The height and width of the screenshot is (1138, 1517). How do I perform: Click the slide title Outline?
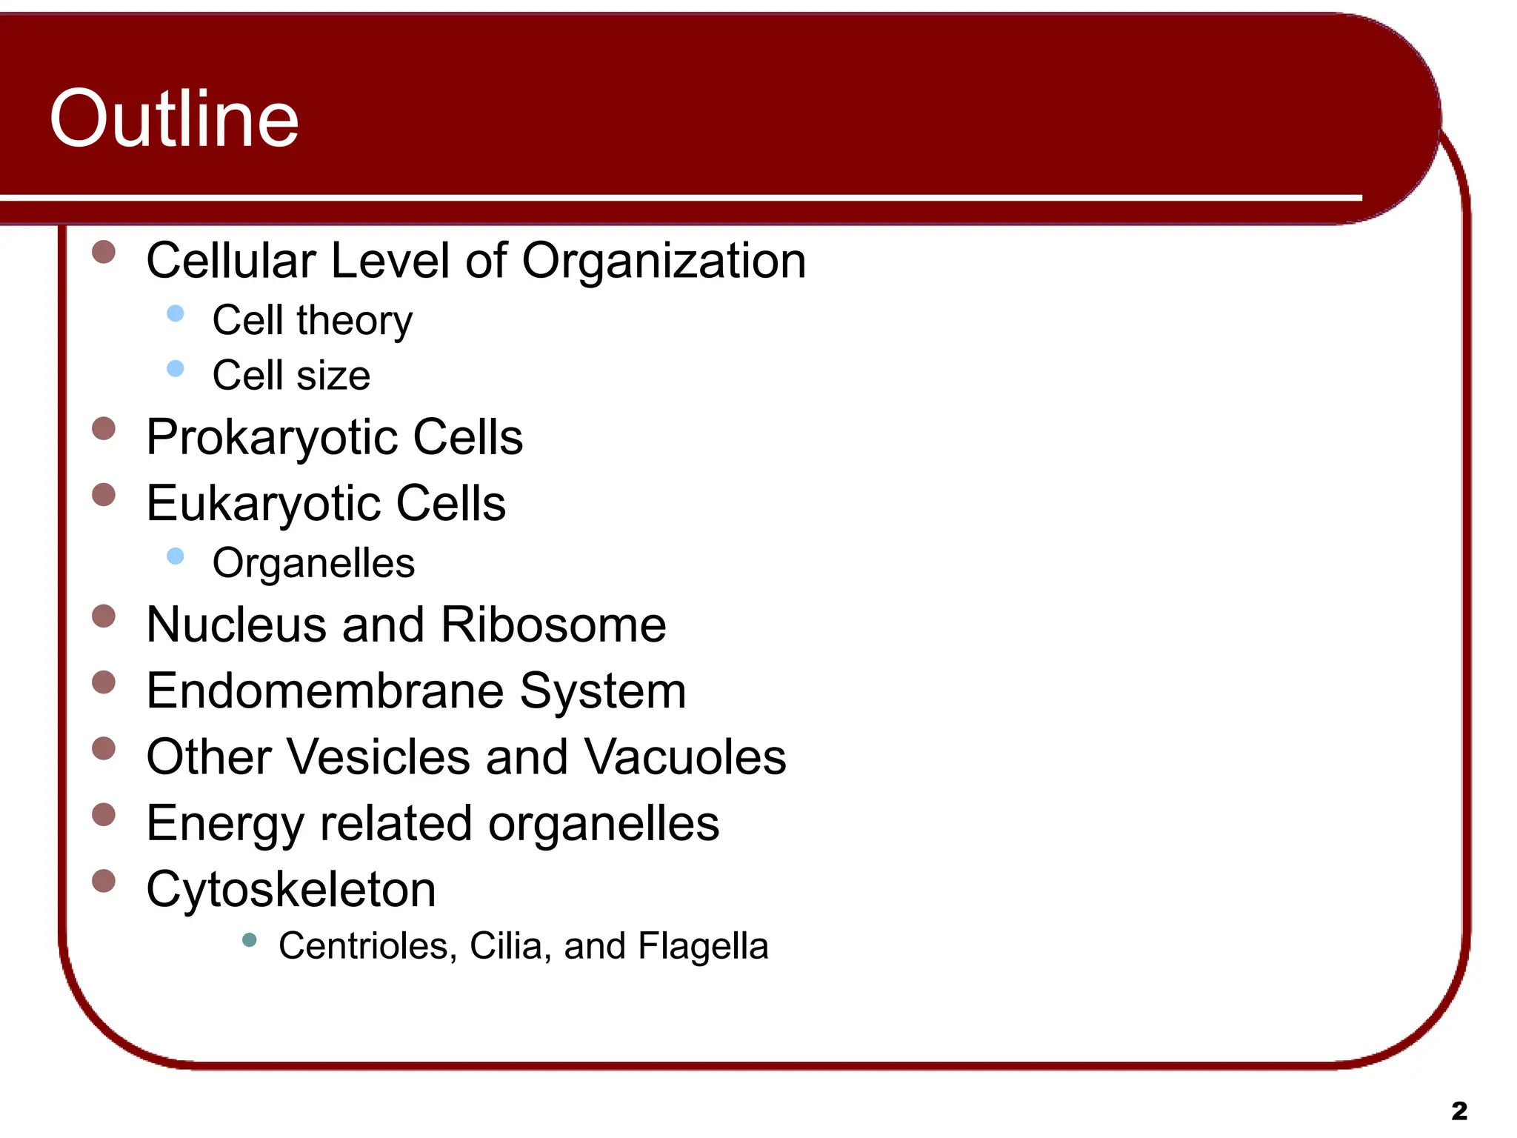174,119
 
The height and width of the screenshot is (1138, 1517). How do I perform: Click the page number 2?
1458,1111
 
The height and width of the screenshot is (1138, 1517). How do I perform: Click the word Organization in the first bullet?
664,261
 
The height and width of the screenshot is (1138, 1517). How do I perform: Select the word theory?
354,321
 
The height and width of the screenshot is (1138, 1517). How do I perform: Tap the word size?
333,376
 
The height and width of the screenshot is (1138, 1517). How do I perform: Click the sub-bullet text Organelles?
313,563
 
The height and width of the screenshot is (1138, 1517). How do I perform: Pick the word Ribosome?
553,625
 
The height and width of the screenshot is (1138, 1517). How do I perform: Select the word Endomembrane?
325,691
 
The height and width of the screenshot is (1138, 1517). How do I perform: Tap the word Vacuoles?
685,757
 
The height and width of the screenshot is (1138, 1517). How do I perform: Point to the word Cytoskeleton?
291,889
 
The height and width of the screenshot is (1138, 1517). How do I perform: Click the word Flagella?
703,946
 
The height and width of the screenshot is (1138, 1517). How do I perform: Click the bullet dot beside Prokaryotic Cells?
104,428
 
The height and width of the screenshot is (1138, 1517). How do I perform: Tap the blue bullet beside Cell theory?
176,313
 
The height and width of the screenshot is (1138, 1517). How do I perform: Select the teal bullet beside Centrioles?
249,940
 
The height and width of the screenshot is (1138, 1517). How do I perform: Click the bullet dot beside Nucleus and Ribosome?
104,616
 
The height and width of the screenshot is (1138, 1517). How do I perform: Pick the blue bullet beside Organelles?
176,556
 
